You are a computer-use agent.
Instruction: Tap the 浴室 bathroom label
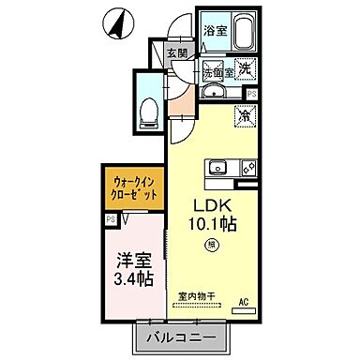click(x=215, y=31)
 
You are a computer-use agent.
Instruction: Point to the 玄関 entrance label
click(x=178, y=53)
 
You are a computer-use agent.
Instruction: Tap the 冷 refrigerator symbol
click(x=244, y=118)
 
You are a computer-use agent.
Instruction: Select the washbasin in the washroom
click(x=212, y=91)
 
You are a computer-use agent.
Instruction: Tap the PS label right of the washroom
click(x=251, y=94)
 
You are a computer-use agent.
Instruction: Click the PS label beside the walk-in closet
click(x=111, y=219)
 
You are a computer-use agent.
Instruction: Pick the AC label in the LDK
click(x=242, y=301)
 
